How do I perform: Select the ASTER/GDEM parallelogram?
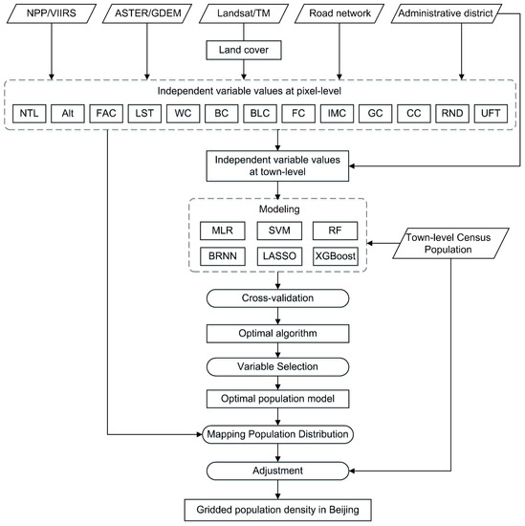[146, 15]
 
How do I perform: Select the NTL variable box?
[30, 113]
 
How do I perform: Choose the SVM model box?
[280, 230]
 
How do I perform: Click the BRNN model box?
[222, 258]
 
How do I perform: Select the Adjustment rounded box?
[279, 470]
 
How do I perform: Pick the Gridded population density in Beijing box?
[279, 509]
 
